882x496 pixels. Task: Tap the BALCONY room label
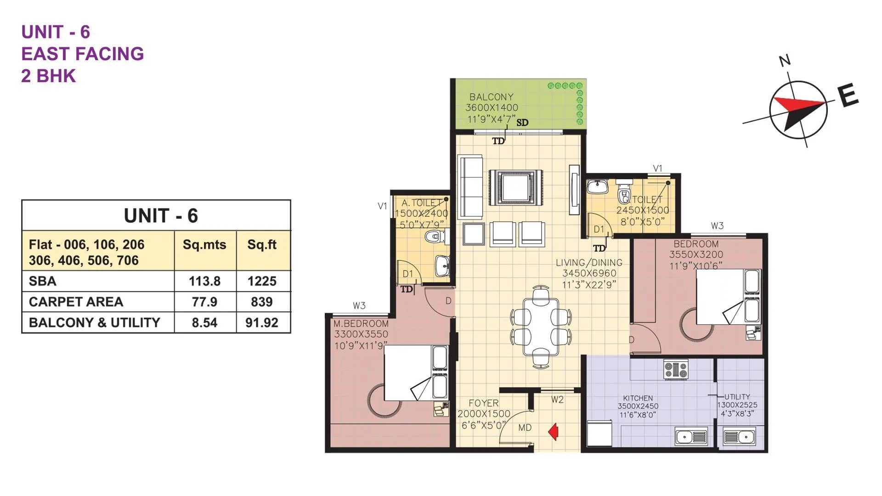[491, 97]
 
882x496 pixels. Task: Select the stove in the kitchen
[676, 369]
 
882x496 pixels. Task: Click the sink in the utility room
[739, 436]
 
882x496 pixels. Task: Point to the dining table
[541, 327]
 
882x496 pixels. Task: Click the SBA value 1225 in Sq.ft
[262, 281]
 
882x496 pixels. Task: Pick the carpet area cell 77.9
[204, 302]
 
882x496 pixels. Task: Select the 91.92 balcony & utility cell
[262, 322]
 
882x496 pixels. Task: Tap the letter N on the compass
[785, 60]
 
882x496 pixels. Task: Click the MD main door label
[525, 428]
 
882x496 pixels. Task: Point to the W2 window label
[557, 400]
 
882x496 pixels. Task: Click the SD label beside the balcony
[522, 123]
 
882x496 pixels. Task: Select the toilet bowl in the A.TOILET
[433, 237]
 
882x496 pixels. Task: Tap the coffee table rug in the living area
[515, 187]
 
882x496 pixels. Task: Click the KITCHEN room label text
[638, 398]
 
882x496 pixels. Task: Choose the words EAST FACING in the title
[83, 54]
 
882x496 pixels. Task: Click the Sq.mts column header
[204, 244]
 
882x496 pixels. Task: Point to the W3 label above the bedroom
[717, 225]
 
